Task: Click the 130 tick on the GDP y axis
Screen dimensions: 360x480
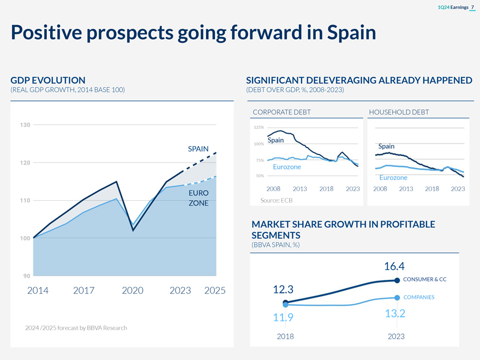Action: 25,125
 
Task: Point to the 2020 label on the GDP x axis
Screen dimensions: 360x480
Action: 133,291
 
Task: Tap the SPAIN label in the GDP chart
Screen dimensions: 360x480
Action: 199,149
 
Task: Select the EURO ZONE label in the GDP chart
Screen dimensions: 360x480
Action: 199,198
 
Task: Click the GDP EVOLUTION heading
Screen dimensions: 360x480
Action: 48,80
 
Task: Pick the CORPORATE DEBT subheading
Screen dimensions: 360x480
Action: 281,112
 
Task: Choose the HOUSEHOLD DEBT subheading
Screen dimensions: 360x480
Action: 399,112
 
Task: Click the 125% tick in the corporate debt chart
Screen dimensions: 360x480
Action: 259,128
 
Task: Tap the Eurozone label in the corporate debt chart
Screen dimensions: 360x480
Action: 286,167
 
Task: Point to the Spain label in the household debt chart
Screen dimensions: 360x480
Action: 386,146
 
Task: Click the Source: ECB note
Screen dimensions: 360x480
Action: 277,201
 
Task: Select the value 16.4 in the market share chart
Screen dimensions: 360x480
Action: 394,266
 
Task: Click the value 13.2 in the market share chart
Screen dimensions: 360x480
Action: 394,314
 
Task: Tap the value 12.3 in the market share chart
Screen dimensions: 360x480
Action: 283,289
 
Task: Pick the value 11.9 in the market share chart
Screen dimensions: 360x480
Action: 283,317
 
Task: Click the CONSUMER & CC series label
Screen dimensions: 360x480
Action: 425,280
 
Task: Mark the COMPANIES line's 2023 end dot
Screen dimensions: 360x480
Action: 397,297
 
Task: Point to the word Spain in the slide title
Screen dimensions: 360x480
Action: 351,33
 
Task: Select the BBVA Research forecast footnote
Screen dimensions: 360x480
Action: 76,328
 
